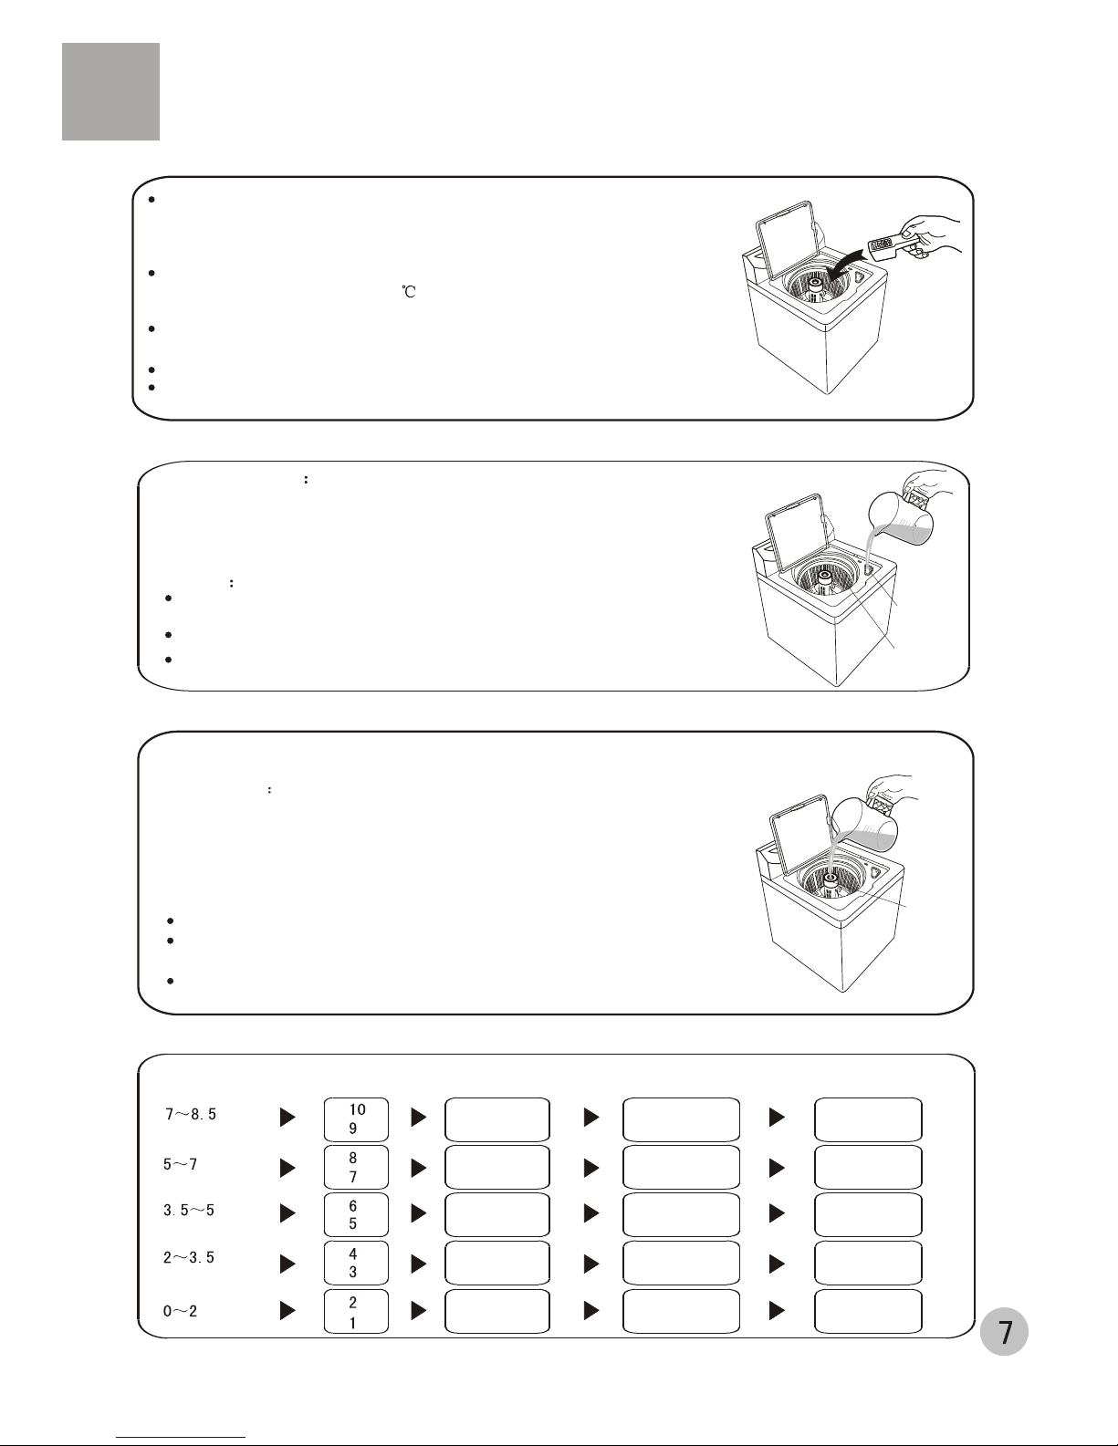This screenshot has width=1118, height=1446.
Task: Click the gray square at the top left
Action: (110, 92)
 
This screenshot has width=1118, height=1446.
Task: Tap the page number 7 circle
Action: (1004, 1332)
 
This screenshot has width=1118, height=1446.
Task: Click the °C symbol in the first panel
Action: (409, 291)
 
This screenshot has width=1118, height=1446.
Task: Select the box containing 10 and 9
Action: (356, 1119)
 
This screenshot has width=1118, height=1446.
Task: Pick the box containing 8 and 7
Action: (356, 1167)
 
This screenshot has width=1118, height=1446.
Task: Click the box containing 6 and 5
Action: (356, 1215)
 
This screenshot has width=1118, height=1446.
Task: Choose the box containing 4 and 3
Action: (356, 1263)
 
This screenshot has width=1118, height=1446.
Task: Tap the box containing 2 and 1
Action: (356, 1312)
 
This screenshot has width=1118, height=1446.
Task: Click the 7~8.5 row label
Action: (191, 1115)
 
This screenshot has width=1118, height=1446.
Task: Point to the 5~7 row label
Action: (181, 1164)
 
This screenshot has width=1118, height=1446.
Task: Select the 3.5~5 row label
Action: (189, 1211)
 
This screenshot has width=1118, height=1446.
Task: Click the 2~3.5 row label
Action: (189, 1258)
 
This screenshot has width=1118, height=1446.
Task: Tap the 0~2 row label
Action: (181, 1312)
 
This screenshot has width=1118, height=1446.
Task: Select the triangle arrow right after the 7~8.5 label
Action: (287, 1118)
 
